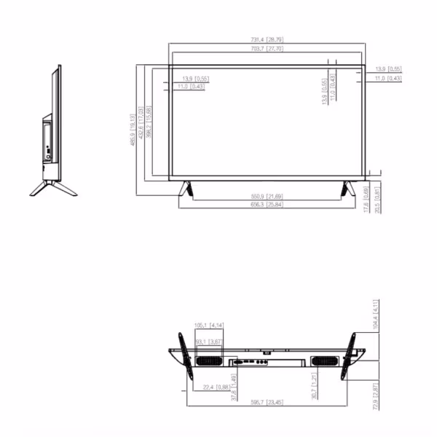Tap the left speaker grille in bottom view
[x=208, y=361]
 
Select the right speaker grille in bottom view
[x=322, y=361]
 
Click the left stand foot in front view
[x=186, y=188]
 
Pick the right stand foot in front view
[x=347, y=188]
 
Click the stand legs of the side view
[x=52, y=186]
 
